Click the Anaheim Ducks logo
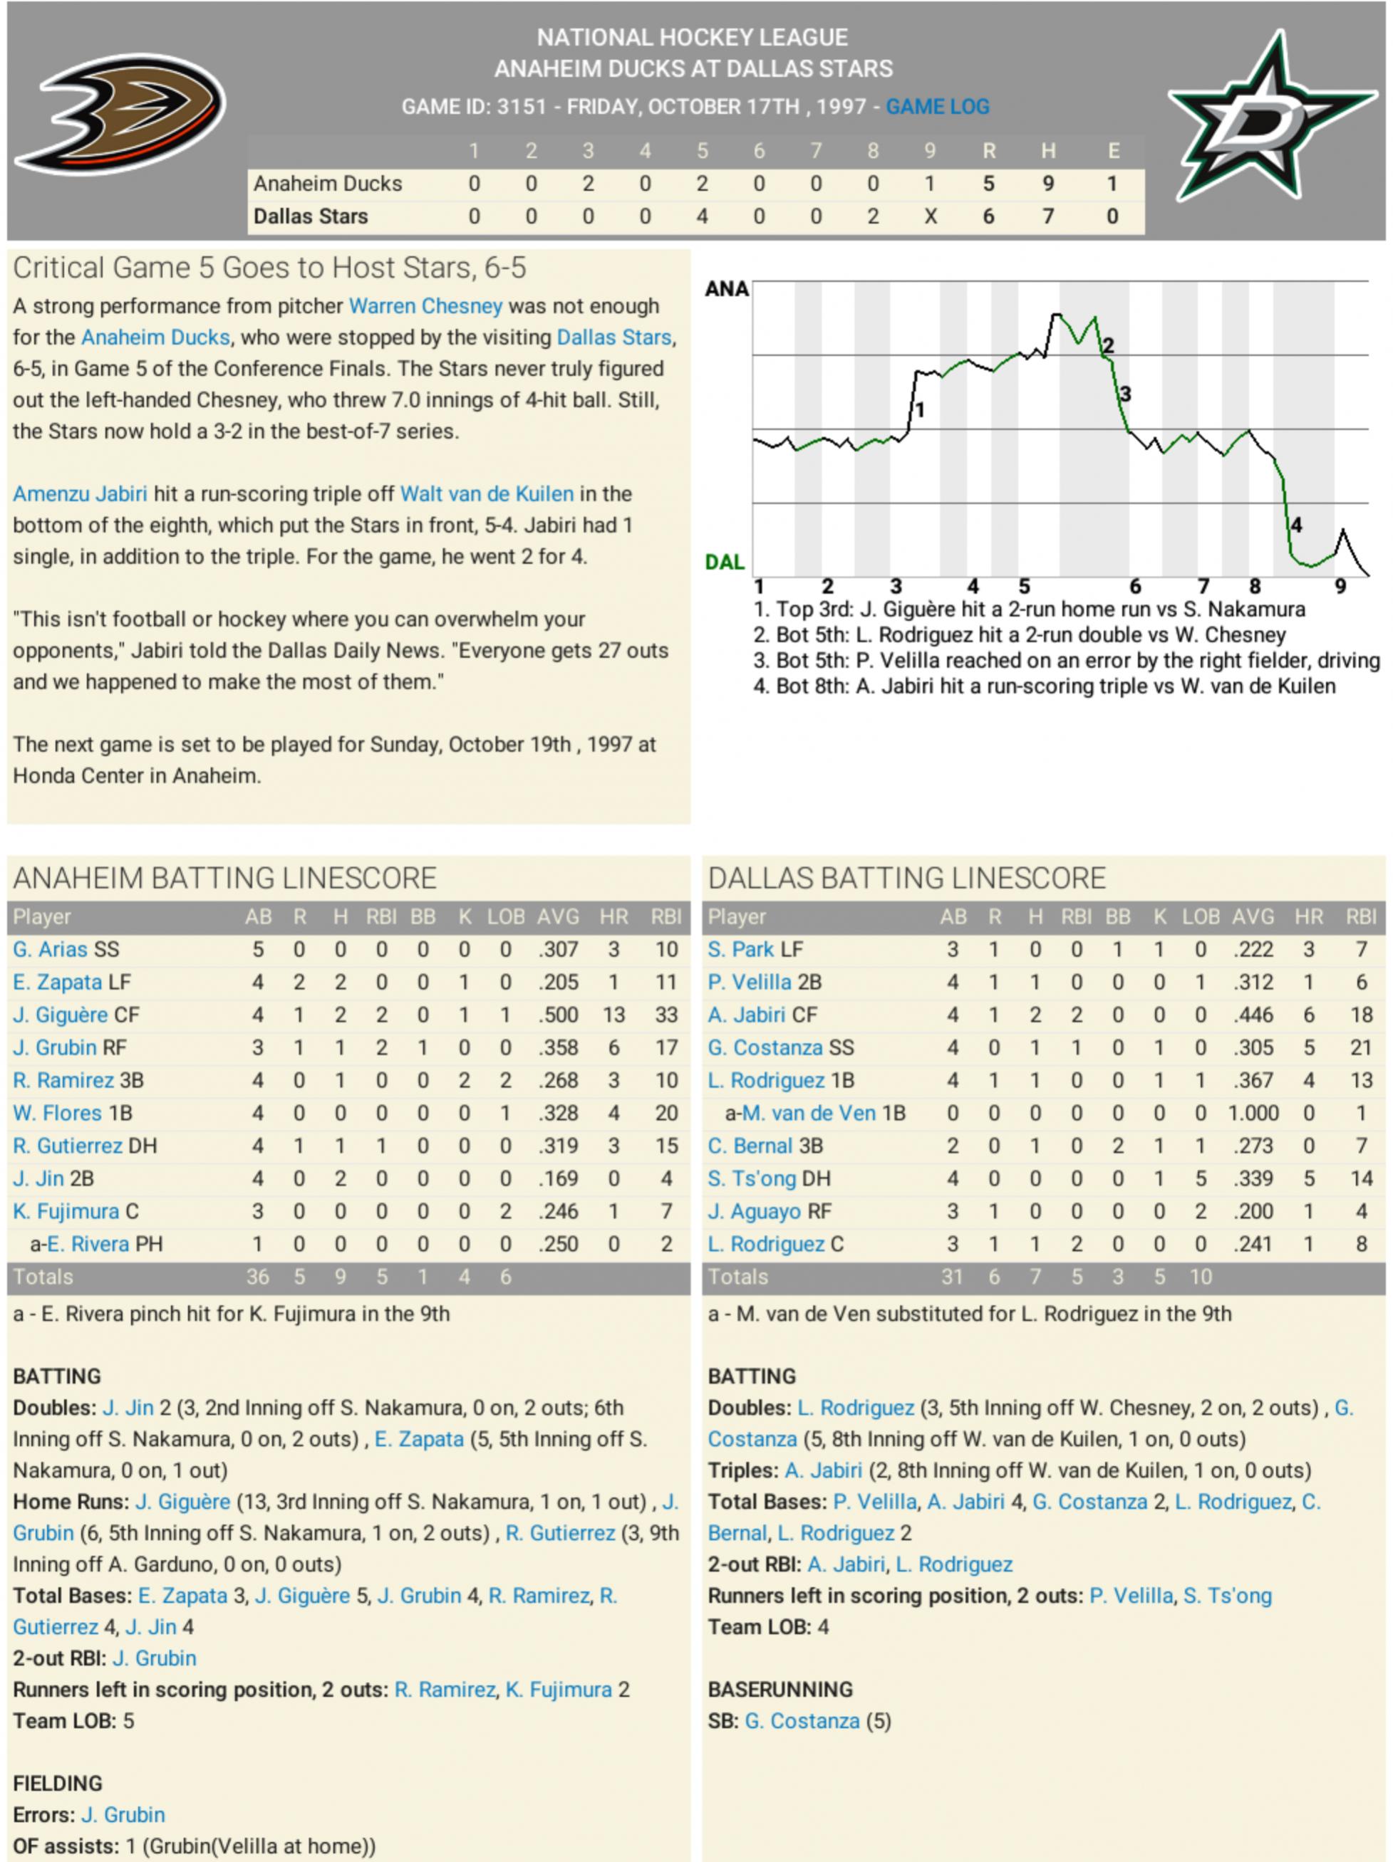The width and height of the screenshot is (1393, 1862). coord(120,115)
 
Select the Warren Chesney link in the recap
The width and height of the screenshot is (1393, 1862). coord(425,306)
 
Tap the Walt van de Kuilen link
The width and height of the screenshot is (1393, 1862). coord(487,494)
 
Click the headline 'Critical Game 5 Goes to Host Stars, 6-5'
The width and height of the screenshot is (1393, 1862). coord(269,268)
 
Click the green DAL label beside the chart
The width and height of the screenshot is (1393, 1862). coord(725,563)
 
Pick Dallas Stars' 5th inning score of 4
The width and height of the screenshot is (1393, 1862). coord(702,216)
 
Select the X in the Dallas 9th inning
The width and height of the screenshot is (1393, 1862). coord(930,216)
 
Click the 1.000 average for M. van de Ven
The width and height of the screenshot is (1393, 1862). coord(1253,1114)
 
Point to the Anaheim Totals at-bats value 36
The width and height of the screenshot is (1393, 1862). coord(258,1277)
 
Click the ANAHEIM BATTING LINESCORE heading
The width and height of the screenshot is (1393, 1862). coord(225,878)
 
